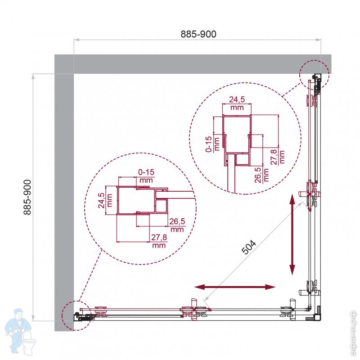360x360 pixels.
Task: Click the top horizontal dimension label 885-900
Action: point(198,34)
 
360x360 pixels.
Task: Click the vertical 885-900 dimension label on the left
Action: point(27,197)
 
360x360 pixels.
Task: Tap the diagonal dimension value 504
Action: point(249,247)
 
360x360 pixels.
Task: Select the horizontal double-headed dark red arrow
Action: point(235,287)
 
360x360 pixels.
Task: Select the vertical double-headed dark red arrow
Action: point(292,234)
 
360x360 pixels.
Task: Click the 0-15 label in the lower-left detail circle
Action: point(146,172)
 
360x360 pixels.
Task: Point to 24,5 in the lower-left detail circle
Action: point(101,200)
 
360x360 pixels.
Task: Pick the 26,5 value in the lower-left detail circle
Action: point(177,221)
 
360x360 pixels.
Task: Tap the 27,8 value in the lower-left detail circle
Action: point(159,237)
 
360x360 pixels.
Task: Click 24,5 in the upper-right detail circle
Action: point(237,99)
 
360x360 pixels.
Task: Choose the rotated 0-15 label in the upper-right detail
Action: point(209,144)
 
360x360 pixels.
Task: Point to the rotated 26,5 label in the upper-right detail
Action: point(257,175)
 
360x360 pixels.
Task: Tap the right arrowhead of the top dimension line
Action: point(318,40)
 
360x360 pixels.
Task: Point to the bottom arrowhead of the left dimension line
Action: point(33,318)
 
